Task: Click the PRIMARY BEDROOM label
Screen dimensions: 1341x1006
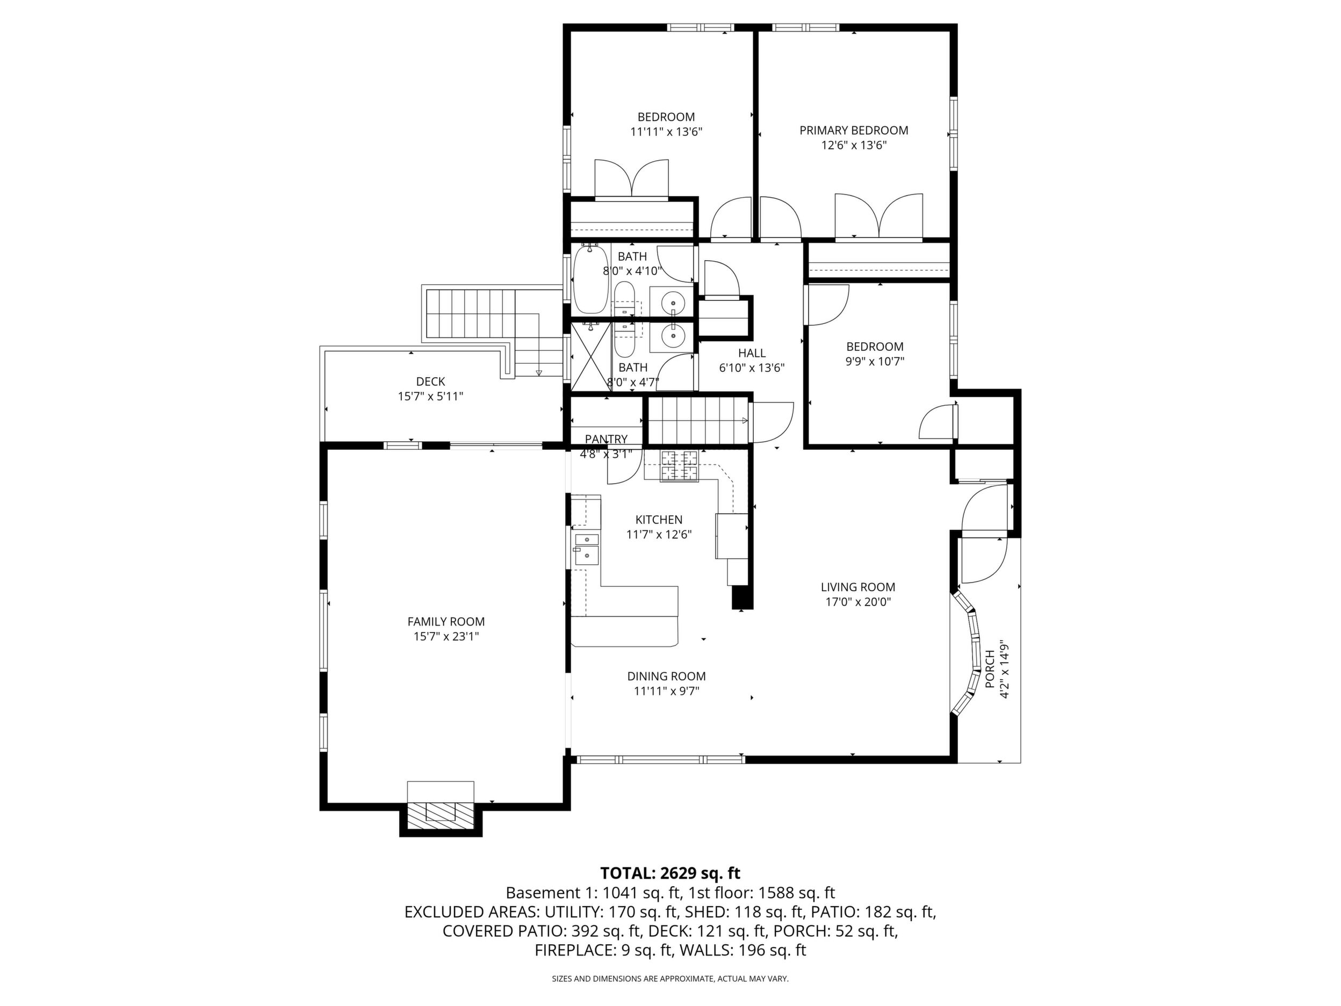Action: click(854, 131)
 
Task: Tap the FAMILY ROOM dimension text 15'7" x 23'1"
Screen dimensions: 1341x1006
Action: click(446, 636)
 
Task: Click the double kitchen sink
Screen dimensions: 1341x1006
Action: click(586, 549)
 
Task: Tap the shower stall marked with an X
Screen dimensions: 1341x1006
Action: click(591, 356)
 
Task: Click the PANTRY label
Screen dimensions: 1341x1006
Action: click(606, 439)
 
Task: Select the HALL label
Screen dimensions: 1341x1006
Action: click(752, 353)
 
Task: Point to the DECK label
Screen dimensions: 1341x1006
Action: click(430, 382)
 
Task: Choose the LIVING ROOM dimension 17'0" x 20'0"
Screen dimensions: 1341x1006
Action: click(858, 601)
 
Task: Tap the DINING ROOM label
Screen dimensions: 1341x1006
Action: click(666, 676)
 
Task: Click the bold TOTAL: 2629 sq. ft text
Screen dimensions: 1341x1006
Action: click(670, 873)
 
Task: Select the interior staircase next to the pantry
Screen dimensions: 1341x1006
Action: click(697, 421)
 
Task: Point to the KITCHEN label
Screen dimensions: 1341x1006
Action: click(659, 520)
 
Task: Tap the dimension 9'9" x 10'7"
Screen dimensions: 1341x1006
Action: click(875, 362)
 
